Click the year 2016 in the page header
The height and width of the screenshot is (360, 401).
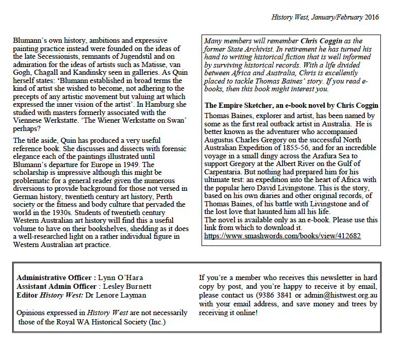(372, 17)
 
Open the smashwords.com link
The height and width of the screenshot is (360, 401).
(282, 236)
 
